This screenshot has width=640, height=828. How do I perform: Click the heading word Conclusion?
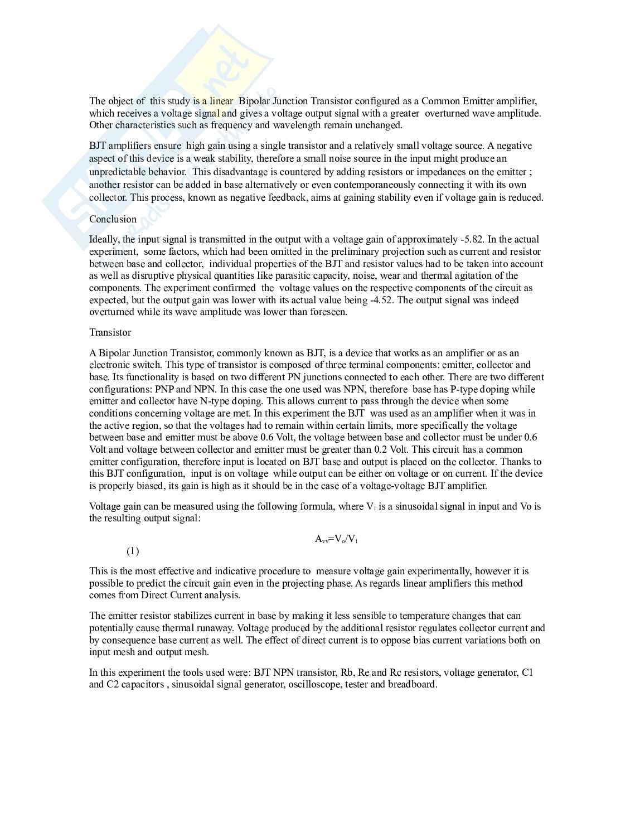click(113, 219)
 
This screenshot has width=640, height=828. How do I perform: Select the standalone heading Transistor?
click(110, 332)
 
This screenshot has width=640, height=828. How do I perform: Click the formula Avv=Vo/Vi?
click(336, 539)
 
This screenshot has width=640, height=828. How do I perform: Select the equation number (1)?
click(133, 551)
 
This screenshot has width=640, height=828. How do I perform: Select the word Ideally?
click(104, 240)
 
